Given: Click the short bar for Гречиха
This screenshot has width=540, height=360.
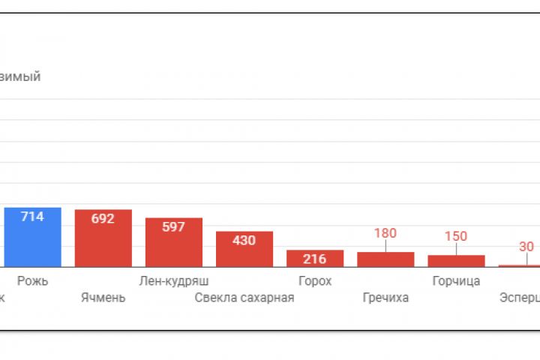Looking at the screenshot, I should [385, 259].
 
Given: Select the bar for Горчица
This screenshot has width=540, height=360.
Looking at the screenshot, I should [456, 261].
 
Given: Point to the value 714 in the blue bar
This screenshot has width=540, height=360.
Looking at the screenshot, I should [32, 217].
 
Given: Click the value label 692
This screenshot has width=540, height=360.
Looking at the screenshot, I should [103, 219].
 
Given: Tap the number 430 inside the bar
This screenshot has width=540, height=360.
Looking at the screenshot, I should [244, 241].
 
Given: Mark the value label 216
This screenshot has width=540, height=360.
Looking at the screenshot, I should [315, 259].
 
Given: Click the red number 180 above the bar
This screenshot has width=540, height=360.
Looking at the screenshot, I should [385, 233].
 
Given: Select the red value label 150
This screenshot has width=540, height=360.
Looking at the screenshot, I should [455, 236].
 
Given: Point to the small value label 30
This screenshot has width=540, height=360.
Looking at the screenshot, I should [526, 247].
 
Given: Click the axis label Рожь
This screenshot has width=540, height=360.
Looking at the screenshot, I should [32, 281].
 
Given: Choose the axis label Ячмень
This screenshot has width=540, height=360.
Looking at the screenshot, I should [103, 298].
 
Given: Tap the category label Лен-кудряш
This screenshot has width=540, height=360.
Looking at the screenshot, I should [173, 281].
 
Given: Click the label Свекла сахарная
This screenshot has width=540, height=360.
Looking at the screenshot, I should [244, 298].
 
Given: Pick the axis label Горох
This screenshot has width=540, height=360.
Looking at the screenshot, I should [315, 281].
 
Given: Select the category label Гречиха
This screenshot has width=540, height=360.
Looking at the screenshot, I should [385, 298].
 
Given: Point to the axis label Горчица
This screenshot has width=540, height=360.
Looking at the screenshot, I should [456, 281].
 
